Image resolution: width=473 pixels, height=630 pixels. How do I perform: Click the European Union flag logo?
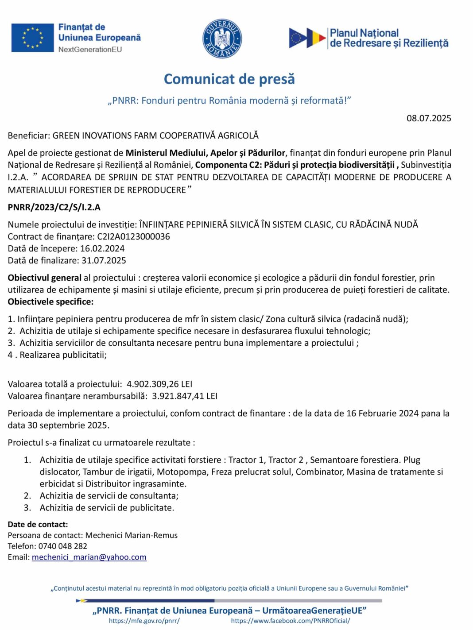point(32,38)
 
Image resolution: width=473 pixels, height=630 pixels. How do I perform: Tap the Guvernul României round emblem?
point(222,39)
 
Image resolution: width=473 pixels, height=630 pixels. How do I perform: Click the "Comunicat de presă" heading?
point(229,79)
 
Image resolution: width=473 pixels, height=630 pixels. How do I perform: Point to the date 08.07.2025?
point(429,118)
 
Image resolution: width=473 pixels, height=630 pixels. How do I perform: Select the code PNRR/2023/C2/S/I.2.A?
point(54,207)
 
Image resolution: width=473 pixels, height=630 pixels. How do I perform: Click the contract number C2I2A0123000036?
point(133,236)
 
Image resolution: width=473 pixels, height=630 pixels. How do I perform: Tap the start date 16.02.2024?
point(102,248)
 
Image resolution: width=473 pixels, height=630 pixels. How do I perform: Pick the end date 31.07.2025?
point(104,260)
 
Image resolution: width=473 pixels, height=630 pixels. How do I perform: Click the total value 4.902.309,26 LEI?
point(159,384)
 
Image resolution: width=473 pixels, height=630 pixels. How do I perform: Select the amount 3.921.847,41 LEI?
point(185,396)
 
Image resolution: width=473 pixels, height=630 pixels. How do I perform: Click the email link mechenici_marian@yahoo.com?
point(89,557)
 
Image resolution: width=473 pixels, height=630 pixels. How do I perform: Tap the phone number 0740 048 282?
point(62,546)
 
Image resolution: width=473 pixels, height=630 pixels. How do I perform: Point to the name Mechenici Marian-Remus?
point(131,535)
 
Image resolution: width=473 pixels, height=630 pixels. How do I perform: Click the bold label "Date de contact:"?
point(38,524)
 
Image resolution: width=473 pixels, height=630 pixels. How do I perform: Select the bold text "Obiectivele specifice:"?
point(50,301)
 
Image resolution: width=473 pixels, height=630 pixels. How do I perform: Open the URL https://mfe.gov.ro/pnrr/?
point(144,621)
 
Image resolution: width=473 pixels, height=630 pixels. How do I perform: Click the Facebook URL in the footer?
point(290,621)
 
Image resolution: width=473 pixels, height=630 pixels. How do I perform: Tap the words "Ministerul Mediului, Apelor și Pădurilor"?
point(205,153)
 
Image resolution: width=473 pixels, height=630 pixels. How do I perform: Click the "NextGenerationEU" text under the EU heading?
point(90,49)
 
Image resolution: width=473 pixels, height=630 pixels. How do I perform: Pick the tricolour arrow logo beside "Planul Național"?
point(307,38)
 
